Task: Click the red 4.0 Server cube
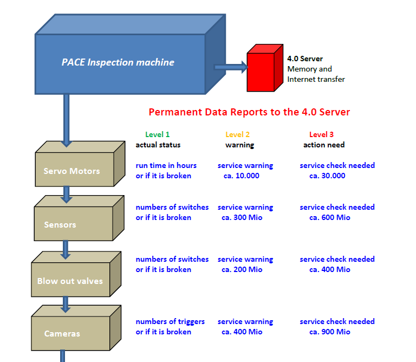point(265,68)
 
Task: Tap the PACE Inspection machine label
point(118,62)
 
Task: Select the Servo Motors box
point(80,164)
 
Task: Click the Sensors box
point(79,218)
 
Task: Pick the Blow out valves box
point(76,274)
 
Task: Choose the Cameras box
point(76,328)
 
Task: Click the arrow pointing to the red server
point(231,67)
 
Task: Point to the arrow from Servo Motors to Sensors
point(66,195)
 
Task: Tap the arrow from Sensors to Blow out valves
point(66,250)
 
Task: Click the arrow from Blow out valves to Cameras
point(66,305)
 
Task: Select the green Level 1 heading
point(157,134)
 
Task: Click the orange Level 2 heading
point(237,134)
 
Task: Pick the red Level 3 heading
point(321,134)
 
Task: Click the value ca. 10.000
point(242,176)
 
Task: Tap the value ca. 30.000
point(327,176)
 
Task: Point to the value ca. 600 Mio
point(330,218)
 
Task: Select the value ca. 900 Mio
point(330,332)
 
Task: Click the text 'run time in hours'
point(166,165)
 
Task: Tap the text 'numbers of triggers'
point(170,322)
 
